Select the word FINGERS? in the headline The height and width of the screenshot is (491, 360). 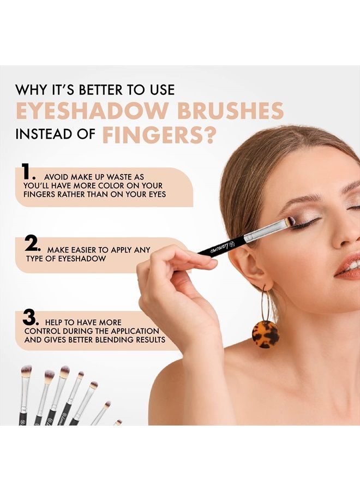point(158,135)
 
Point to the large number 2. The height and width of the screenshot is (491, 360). point(32,244)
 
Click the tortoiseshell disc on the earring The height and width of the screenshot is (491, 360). point(265,334)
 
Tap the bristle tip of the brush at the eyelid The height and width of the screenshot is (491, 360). point(290,221)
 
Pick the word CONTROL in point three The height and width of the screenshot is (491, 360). point(44,331)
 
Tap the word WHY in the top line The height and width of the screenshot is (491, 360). point(30,89)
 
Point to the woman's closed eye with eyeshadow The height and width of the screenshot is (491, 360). point(308,222)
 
